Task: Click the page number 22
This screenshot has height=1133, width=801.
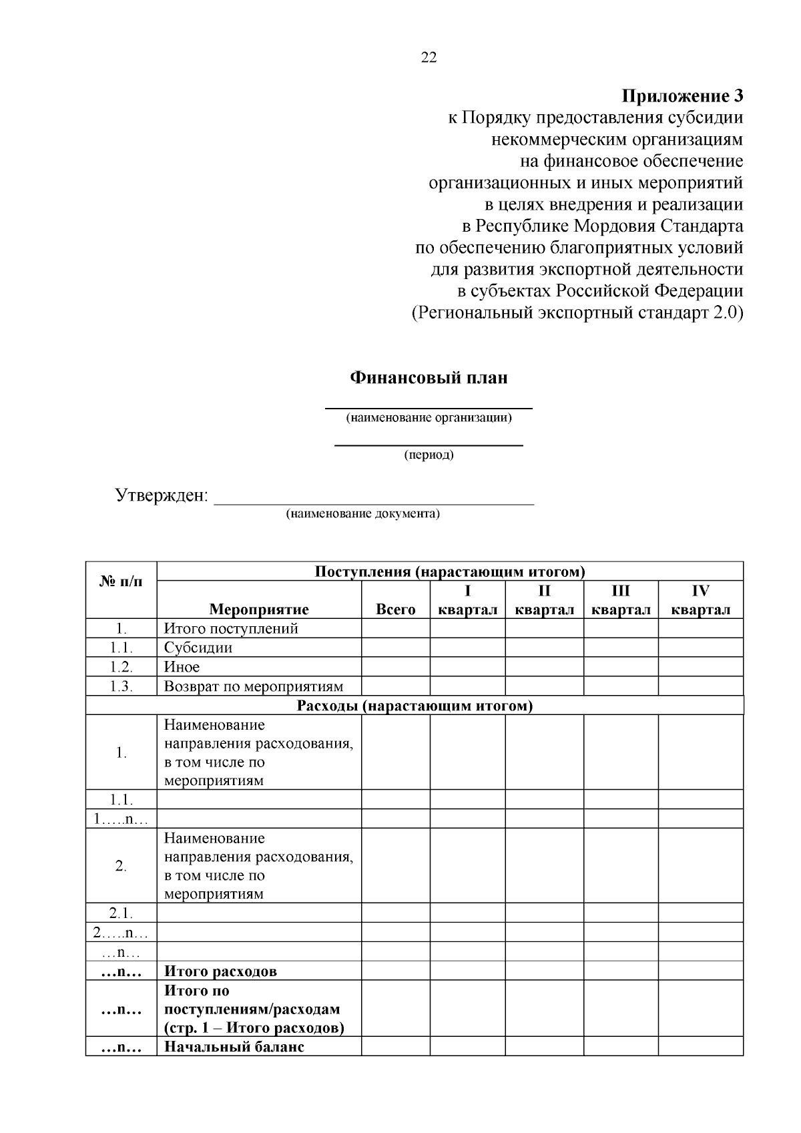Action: click(x=429, y=57)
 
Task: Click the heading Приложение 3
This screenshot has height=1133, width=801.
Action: click(x=682, y=96)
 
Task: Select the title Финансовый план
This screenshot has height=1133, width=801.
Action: click(x=429, y=378)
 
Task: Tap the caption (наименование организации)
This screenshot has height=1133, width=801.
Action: click(x=429, y=418)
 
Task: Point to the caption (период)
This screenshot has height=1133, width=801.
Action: click(x=429, y=455)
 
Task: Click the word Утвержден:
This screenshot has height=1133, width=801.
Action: click(x=162, y=495)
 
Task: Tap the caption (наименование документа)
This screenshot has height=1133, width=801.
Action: click(x=362, y=513)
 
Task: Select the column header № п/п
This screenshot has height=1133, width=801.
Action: click(x=121, y=581)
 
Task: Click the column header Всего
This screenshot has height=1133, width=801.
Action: click(x=395, y=609)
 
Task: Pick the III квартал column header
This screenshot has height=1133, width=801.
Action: click(x=621, y=600)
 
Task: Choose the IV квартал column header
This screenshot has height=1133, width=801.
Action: click(x=700, y=600)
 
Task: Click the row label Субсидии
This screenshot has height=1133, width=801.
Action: click(x=198, y=648)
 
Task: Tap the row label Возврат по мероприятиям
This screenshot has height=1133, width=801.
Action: click(x=254, y=686)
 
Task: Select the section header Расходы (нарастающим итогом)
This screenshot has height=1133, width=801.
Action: click(x=415, y=706)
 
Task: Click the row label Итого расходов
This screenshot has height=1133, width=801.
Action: click(x=220, y=971)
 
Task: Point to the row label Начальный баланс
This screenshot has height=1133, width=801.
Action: click(x=234, y=1046)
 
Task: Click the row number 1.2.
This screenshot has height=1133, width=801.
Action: click(x=121, y=667)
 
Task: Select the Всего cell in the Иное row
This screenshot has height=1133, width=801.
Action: click(x=395, y=667)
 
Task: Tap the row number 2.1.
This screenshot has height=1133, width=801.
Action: click(x=121, y=913)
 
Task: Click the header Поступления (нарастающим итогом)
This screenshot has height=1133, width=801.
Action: click(x=450, y=572)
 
